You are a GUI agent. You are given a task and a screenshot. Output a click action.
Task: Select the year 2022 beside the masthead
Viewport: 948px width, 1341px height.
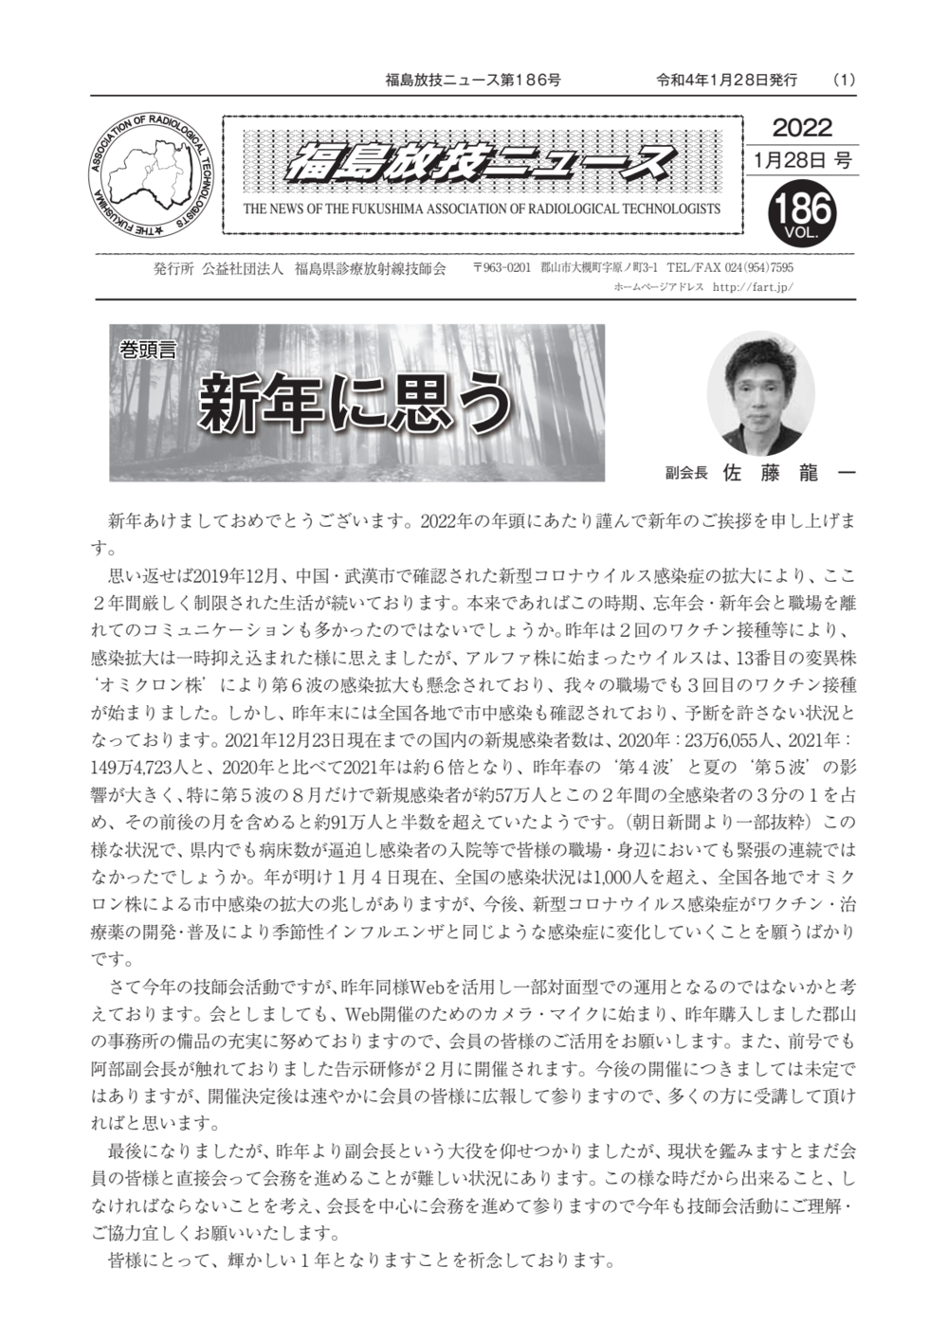(802, 128)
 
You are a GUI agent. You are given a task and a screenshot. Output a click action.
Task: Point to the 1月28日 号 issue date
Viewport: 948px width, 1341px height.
(802, 159)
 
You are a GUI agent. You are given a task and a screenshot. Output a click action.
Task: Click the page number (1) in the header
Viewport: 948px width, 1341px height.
(843, 80)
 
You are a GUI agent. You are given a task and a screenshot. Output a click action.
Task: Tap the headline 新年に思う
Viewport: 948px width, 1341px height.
(355, 403)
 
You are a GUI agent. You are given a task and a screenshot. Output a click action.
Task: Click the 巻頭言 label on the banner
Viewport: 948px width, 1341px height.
(148, 350)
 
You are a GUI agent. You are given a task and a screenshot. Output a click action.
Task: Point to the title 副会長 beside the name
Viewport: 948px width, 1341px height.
(686, 473)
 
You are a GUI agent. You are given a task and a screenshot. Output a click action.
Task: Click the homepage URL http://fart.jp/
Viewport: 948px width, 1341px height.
(752, 286)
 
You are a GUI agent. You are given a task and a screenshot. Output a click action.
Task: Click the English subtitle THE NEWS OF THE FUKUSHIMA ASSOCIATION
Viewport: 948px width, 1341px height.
(482, 209)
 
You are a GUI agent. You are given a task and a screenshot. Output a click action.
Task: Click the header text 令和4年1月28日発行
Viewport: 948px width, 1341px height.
(727, 80)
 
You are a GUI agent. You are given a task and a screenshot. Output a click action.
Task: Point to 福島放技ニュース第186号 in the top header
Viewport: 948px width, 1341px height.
(473, 80)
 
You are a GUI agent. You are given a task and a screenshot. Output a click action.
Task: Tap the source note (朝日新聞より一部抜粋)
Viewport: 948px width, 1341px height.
(726, 822)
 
